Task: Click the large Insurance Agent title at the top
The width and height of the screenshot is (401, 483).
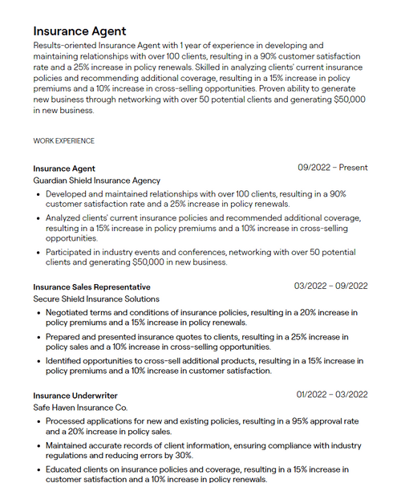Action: (x=79, y=30)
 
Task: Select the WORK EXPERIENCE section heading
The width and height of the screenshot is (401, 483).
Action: (x=63, y=141)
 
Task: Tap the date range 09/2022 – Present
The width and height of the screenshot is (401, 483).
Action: (x=333, y=168)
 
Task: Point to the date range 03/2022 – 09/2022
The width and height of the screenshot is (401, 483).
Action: (x=330, y=286)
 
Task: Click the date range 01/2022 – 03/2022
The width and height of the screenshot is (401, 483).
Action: (x=331, y=395)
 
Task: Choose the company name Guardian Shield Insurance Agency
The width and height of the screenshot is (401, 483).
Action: (x=96, y=181)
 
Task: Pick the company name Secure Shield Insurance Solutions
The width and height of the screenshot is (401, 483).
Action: (x=96, y=298)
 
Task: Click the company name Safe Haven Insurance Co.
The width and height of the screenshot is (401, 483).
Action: (x=80, y=408)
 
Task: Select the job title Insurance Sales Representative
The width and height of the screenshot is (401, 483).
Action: (x=91, y=286)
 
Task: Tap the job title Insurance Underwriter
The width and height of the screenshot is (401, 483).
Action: (x=75, y=396)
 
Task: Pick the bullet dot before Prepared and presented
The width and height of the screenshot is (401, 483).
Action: (x=38, y=337)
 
